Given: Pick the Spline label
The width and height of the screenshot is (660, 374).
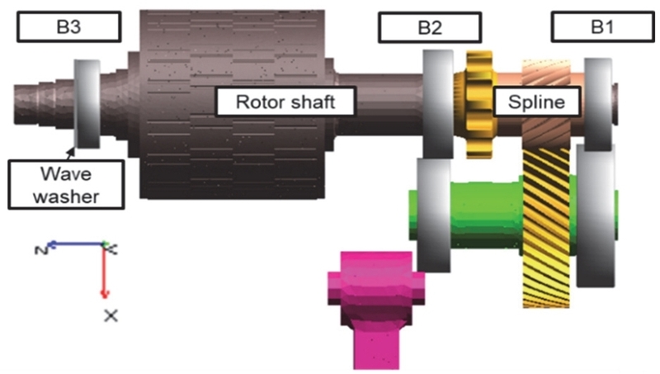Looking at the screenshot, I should point(534,102).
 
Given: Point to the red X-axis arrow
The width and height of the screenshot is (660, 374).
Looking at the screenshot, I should point(104,272).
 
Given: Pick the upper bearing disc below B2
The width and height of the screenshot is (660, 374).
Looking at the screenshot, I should point(436,103).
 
